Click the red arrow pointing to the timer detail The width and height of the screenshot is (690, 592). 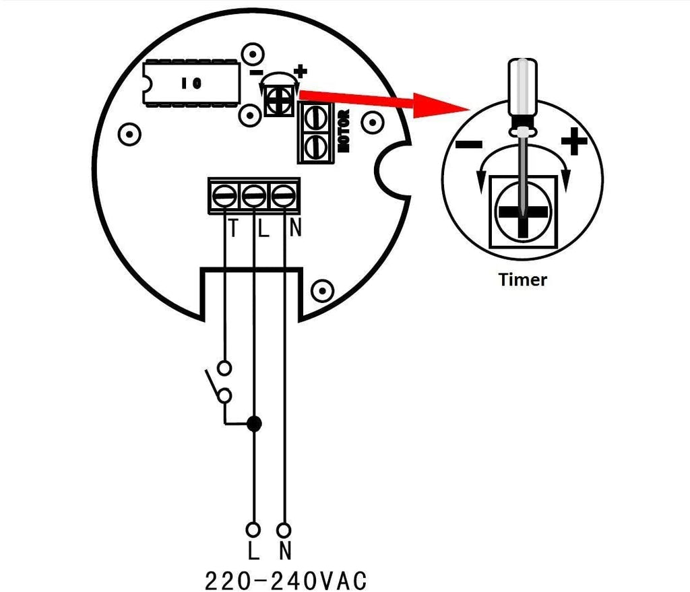click(x=383, y=102)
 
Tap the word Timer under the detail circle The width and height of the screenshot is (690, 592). click(x=523, y=279)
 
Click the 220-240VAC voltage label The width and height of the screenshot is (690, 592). click(x=286, y=581)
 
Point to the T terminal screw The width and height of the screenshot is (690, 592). click(x=224, y=195)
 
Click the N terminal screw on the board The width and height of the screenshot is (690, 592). click(x=284, y=195)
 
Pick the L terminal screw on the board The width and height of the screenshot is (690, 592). click(x=253, y=195)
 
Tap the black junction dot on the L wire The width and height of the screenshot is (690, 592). click(x=254, y=424)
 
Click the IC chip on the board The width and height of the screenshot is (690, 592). click(x=191, y=83)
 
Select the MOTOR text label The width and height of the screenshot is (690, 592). click(x=344, y=131)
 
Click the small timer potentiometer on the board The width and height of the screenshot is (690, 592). click(x=279, y=101)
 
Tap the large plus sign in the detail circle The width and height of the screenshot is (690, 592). click(x=574, y=141)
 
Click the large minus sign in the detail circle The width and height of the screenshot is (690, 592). click(x=469, y=144)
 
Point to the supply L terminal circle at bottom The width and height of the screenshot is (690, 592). click(x=253, y=529)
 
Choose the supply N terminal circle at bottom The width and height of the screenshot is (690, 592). click(x=284, y=529)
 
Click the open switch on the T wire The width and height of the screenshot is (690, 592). click(x=219, y=382)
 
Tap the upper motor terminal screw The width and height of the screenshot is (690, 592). click(x=315, y=117)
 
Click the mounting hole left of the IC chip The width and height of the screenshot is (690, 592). click(x=130, y=133)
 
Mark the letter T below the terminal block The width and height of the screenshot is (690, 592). click(x=233, y=228)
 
